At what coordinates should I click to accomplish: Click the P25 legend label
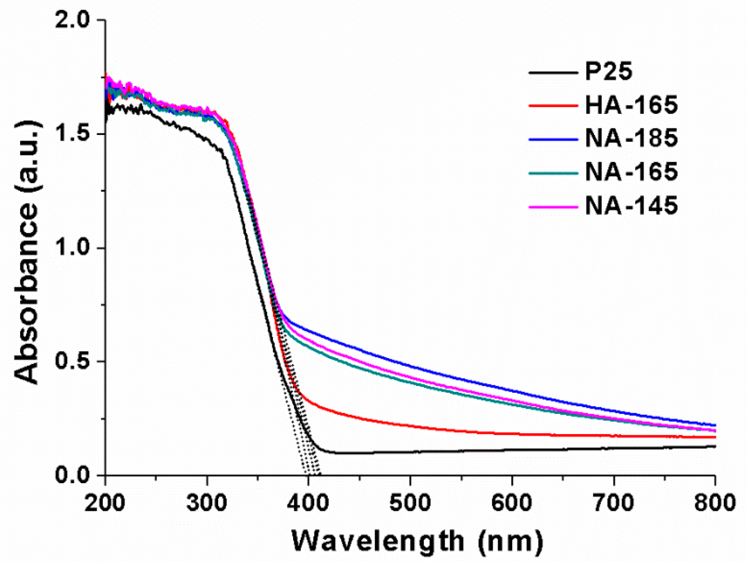[608, 71]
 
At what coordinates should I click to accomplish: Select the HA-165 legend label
[631, 105]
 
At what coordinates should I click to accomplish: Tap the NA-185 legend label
[631, 138]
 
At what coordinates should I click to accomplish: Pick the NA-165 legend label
[631, 172]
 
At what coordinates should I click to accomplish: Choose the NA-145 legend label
[631, 205]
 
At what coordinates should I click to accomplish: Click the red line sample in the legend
[553, 105]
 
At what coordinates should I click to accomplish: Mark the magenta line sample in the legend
[553, 206]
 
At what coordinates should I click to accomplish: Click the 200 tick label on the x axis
[105, 503]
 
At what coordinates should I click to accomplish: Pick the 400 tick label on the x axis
[309, 503]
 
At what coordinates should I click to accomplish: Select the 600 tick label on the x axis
[512, 503]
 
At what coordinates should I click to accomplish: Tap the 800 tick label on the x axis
[715, 503]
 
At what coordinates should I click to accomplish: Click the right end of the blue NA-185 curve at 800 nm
[715, 425]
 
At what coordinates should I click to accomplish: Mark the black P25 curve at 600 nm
[512, 450]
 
